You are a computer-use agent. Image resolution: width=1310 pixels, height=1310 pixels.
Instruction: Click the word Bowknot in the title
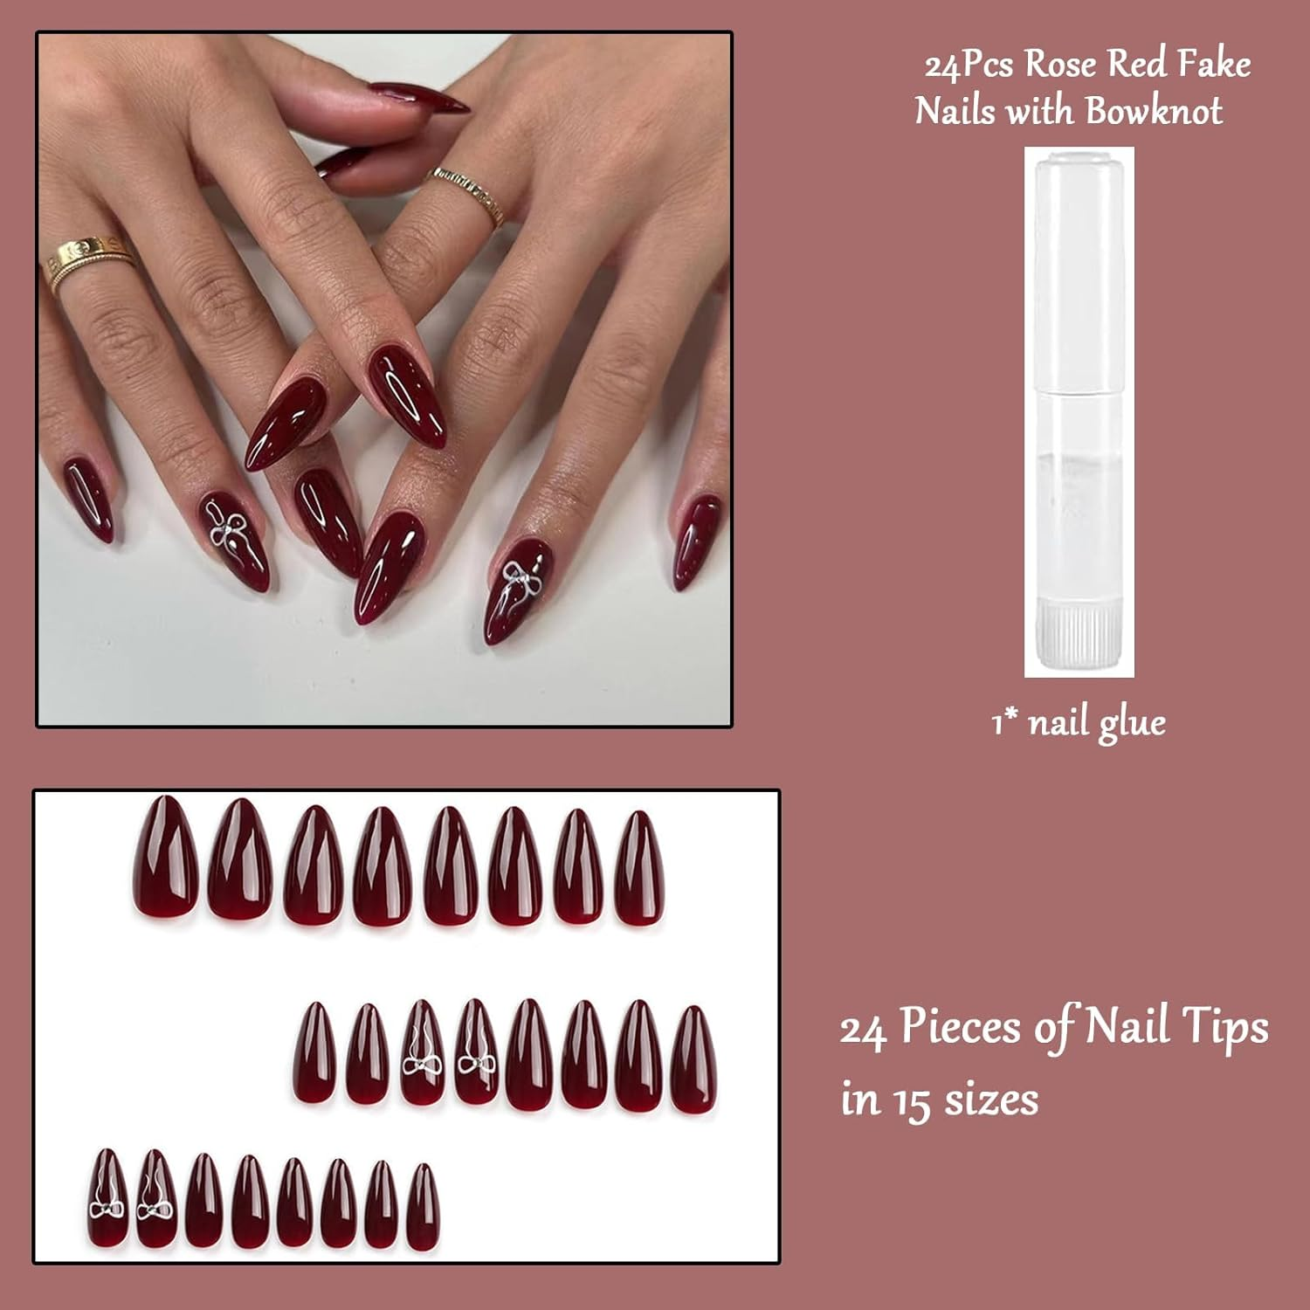coord(1154,111)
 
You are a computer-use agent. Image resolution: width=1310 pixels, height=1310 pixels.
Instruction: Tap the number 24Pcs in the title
coord(968,65)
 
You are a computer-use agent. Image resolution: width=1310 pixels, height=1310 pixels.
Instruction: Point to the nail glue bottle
coord(1079,410)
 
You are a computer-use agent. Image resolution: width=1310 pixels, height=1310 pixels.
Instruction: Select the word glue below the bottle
coord(1131,724)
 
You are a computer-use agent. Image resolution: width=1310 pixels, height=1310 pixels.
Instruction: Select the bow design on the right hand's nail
coord(517,579)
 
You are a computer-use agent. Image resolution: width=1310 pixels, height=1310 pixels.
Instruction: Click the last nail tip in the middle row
coord(693,1059)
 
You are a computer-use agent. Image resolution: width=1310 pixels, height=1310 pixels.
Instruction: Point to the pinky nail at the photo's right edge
coord(696,541)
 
